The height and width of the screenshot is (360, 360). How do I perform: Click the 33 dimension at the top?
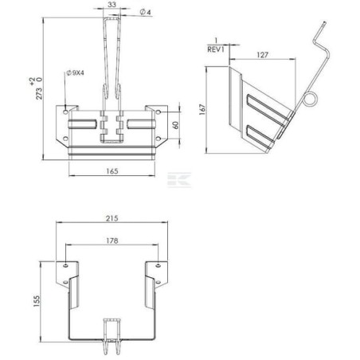[x=111, y=5]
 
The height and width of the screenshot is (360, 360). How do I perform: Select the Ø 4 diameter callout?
[x=145, y=12]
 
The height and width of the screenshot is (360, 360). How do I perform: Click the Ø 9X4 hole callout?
[x=76, y=73]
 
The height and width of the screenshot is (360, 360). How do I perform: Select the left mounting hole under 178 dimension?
[x=65, y=264]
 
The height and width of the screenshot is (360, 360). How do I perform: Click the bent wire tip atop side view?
[x=317, y=29]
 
